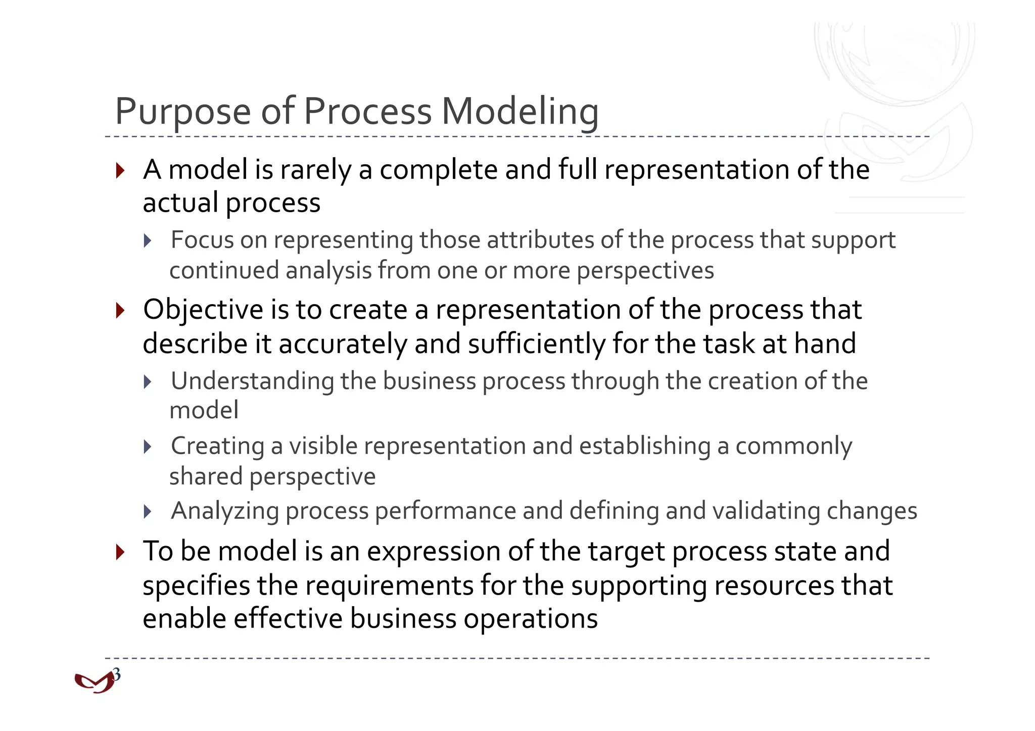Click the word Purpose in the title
[183, 112]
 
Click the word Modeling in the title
[520, 112]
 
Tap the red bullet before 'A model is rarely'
[120, 171]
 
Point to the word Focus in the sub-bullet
[202, 240]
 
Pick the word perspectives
[645, 271]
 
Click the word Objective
[203, 310]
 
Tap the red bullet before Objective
[120, 310]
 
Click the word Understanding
[252, 381]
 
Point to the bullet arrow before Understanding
[147, 382]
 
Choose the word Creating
[217, 447]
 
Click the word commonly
[793, 447]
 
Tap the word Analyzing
[225, 511]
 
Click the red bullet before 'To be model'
[120, 552]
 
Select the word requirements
[389, 586]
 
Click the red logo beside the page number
[95, 683]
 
